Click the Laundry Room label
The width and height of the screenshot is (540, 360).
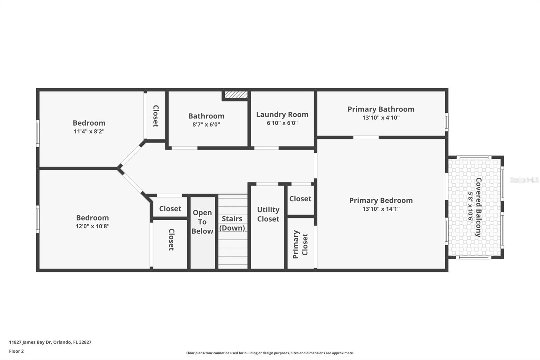point(282,114)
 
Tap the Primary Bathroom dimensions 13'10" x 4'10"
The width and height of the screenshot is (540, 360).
point(381,118)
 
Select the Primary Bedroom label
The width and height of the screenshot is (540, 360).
point(381,200)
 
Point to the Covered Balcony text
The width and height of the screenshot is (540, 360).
point(478,207)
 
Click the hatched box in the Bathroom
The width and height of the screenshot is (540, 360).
point(236,95)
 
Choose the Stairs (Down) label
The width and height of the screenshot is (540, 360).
point(232,223)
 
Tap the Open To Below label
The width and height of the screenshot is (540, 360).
point(202,222)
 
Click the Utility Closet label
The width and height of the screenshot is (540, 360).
point(268,214)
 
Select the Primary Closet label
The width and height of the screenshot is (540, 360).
point(300,244)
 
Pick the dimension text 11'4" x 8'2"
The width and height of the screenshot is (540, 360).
point(89,131)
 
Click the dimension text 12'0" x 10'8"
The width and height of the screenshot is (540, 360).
point(92,226)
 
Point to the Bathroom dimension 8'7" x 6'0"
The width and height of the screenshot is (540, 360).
point(206,124)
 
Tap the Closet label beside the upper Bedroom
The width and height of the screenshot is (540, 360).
point(156,116)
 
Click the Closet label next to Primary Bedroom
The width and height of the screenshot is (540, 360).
point(300,199)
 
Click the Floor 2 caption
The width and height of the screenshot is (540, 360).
point(16,351)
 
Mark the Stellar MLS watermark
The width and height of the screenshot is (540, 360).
point(524,180)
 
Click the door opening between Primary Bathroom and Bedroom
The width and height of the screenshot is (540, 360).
point(366,137)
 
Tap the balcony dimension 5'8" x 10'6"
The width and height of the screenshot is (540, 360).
point(470,207)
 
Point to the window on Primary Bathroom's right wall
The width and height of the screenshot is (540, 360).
point(447,122)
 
